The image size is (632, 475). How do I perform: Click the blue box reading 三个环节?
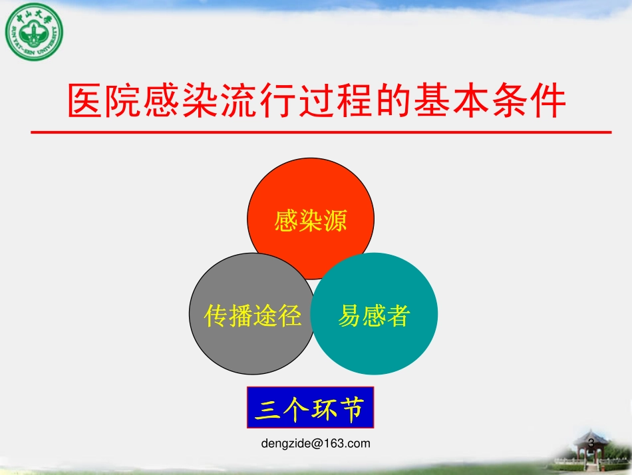pyautogui.click(x=310, y=407)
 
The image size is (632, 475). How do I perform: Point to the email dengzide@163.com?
pyautogui.click(x=316, y=443)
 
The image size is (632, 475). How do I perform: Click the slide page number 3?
pyautogui.click(x=591, y=442)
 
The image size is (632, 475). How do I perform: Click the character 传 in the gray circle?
pyautogui.click(x=216, y=316)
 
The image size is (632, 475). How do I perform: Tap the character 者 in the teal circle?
pyautogui.click(x=398, y=315)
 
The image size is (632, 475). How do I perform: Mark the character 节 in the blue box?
pyautogui.click(x=352, y=408)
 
